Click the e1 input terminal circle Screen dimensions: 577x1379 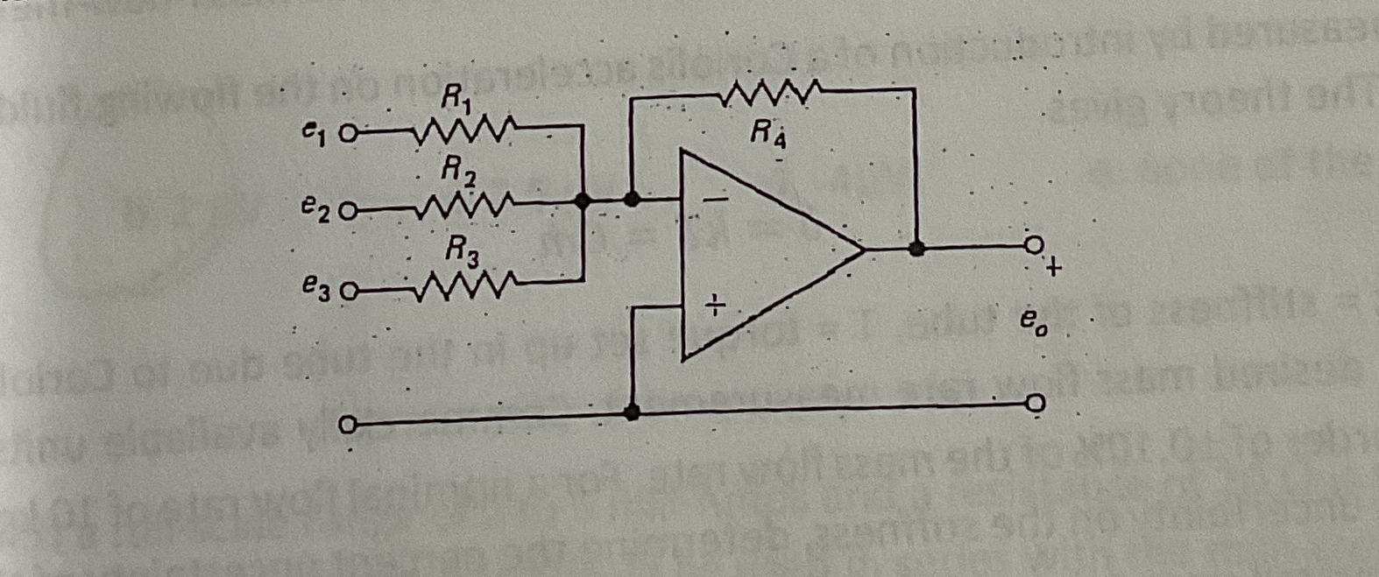(x=347, y=135)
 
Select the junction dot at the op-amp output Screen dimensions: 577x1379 (x=916, y=249)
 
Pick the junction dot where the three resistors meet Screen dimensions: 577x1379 (x=582, y=201)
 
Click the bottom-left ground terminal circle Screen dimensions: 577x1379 (x=347, y=427)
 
